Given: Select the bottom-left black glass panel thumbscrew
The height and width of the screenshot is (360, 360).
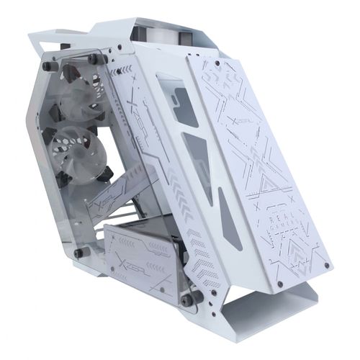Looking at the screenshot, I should tap(80, 252).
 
